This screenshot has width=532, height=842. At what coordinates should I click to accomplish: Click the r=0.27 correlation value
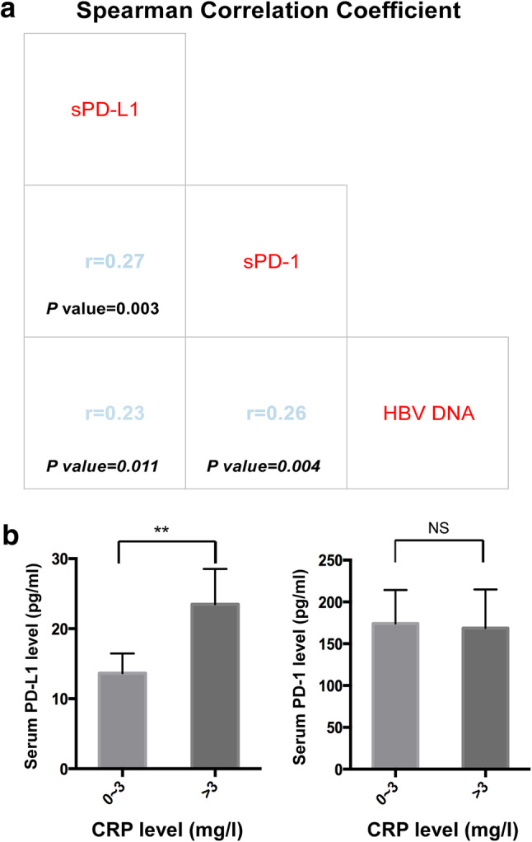[115, 263]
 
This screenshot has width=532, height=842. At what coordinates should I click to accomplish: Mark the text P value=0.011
[101, 465]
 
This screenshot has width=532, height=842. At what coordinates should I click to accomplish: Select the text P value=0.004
[264, 465]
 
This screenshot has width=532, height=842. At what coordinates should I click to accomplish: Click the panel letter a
[8, 13]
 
